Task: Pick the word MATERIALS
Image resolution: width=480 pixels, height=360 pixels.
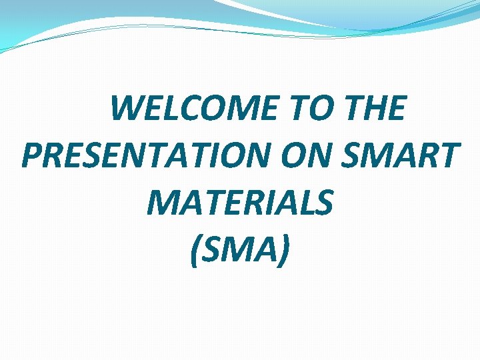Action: click(x=239, y=203)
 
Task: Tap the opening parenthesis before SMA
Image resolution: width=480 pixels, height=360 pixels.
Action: click(x=195, y=251)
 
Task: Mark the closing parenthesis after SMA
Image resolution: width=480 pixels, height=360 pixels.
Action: click(x=285, y=251)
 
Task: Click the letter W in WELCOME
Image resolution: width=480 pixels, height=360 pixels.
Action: click(x=127, y=109)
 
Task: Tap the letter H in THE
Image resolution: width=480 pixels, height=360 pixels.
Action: click(x=373, y=109)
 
